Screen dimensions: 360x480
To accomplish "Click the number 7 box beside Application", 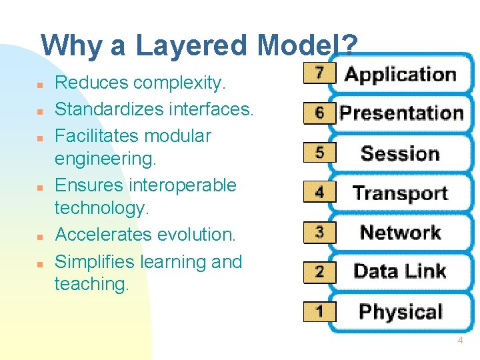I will coord(320,73).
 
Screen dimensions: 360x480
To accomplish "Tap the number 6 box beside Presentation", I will coord(320,113).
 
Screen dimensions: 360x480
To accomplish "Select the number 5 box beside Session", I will coord(320,153).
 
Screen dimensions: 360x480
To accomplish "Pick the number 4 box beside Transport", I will coord(320,192).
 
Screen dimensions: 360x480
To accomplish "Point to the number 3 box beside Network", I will coord(320,232).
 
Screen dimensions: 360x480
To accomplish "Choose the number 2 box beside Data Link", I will coord(320,271).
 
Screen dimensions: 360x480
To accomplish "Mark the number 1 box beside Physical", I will coord(320,311).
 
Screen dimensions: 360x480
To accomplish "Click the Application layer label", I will coord(400,75).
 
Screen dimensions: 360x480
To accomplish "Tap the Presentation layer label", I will coord(401,113).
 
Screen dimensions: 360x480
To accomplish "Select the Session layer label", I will coord(400,153).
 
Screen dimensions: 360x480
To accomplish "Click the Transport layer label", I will coord(400,193).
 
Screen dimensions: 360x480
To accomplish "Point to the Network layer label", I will coord(400,233).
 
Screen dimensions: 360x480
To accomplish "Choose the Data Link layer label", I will coord(400,271).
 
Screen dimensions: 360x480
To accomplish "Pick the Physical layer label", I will coord(400,311).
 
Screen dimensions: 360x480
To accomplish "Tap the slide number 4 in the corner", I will coord(459,341).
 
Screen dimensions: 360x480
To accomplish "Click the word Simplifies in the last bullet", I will coord(98,262).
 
